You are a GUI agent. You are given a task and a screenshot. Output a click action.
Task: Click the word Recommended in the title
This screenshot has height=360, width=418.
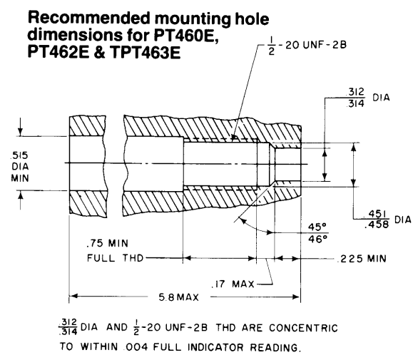(89, 18)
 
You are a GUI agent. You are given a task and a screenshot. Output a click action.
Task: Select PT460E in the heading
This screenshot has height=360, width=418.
(186, 35)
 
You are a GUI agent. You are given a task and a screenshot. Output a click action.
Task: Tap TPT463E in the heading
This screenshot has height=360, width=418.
(145, 52)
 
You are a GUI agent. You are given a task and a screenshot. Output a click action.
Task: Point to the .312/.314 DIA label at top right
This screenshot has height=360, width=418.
(367, 98)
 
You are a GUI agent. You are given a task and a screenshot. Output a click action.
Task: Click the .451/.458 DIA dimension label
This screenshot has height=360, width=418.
(387, 220)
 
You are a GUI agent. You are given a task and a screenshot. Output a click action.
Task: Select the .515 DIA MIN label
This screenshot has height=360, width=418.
(20, 167)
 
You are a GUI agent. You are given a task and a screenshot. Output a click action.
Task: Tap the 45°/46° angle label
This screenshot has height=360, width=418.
(317, 233)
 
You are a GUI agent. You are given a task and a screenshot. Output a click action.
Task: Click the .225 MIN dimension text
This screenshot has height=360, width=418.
(363, 259)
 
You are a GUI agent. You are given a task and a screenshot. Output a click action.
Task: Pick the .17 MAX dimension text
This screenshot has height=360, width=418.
(233, 284)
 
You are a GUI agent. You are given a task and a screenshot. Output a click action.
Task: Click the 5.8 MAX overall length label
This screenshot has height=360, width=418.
(178, 297)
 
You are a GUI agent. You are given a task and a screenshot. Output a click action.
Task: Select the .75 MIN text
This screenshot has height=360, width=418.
(108, 243)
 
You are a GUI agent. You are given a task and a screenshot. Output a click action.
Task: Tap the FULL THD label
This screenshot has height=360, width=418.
(116, 258)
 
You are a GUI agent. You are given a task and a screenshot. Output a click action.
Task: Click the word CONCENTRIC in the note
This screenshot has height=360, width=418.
(303, 328)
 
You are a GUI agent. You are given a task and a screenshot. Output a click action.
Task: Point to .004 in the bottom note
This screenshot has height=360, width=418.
(137, 347)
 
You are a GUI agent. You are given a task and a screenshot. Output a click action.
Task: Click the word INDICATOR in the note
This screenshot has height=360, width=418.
(215, 347)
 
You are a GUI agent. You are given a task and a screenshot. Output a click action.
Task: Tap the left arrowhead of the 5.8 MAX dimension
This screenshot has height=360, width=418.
(73, 296)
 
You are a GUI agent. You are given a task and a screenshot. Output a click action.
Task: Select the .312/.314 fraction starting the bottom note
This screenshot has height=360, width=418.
(68, 327)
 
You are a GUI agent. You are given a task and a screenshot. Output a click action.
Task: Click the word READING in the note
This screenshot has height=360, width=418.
(275, 347)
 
